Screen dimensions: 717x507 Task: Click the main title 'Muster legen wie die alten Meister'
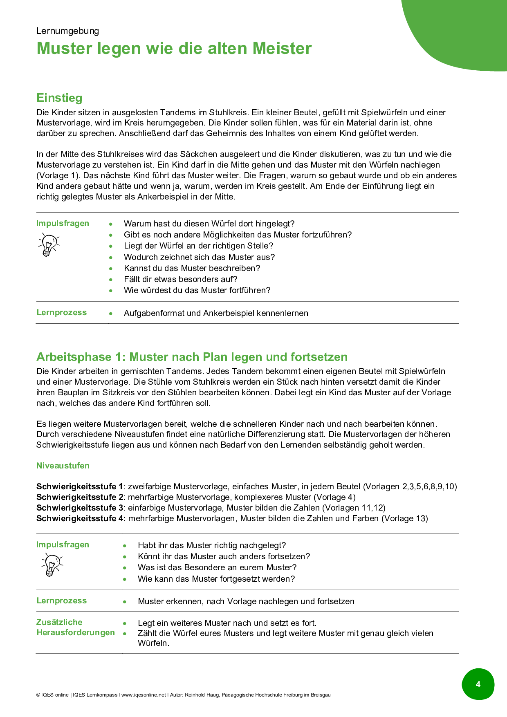[174, 48]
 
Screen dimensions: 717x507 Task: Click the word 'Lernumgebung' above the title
[67, 31]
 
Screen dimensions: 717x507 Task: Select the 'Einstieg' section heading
[59, 98]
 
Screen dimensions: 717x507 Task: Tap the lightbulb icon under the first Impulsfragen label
[49, 244]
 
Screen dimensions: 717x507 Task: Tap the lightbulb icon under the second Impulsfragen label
[52, 565]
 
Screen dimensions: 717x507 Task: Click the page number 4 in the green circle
[478, 684]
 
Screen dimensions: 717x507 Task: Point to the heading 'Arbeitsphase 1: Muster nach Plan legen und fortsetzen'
[192, 357]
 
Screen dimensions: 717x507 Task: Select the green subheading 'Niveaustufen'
[63, 466]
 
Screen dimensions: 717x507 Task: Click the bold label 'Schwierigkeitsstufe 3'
[80, 508]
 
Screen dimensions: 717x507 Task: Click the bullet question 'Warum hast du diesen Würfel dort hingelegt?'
[209, 224]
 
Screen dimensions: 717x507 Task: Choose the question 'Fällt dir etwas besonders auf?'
[180, 279]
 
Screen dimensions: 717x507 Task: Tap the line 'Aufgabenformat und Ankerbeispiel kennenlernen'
[216, 313]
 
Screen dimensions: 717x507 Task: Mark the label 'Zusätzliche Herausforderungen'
[76, 627]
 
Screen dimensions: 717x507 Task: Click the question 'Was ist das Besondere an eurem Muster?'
[217, 567]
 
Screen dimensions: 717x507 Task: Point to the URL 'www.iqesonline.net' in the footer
[144, 695]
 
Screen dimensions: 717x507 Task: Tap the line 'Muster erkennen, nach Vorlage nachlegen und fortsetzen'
[246, 601]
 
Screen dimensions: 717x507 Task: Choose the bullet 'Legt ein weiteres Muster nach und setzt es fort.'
[227, 623]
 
